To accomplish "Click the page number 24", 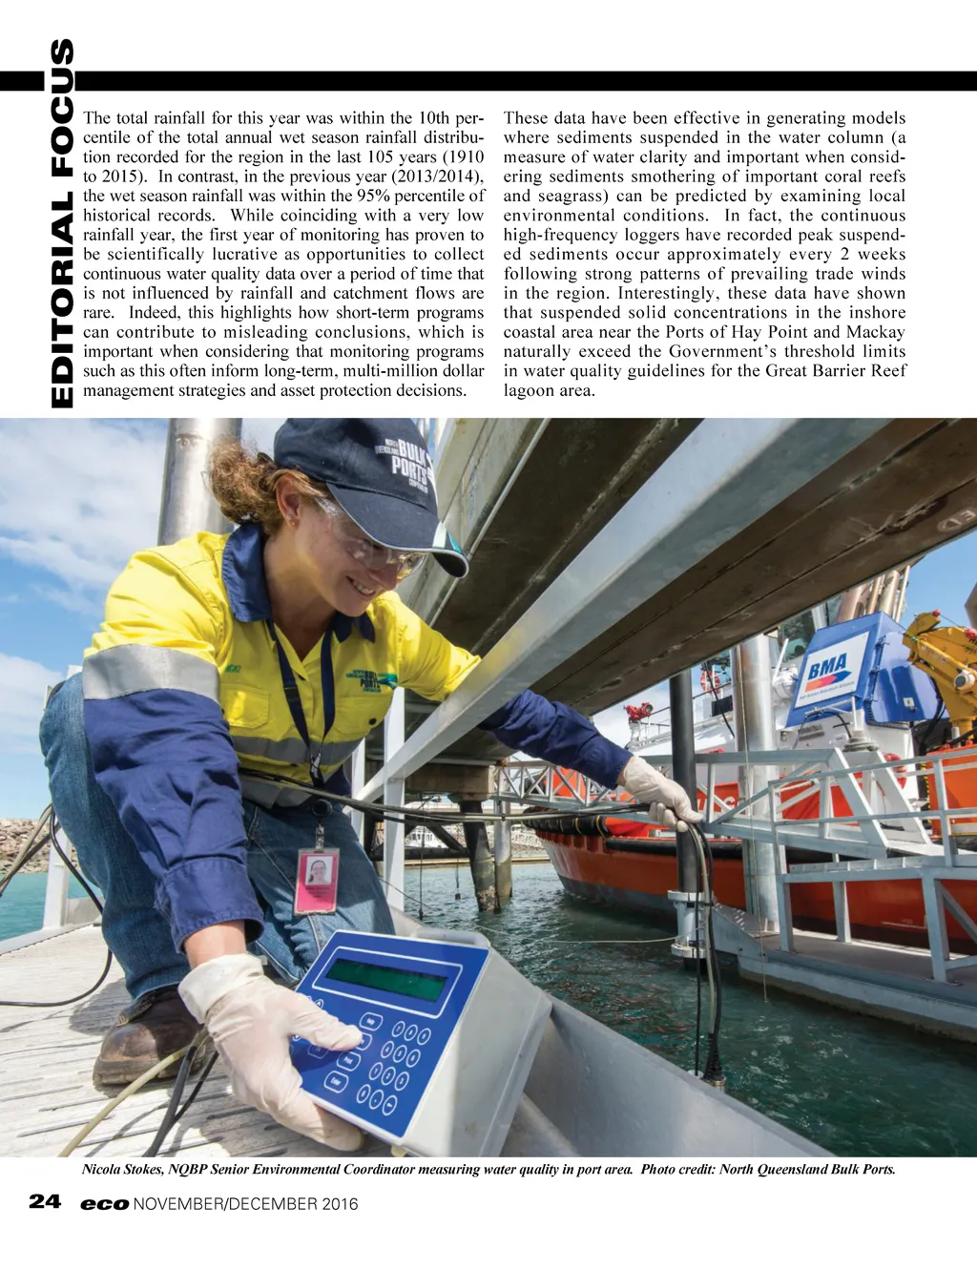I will [45, 1201].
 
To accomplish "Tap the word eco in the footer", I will [104, 1204].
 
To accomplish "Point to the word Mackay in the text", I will [875, 332].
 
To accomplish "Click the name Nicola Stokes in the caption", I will [123, 1170].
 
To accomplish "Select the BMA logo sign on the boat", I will [827, 668].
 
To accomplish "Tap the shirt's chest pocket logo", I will [372, 680].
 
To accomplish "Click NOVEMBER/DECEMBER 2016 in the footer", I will [246, 1204].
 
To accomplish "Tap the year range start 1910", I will [463, 157].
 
